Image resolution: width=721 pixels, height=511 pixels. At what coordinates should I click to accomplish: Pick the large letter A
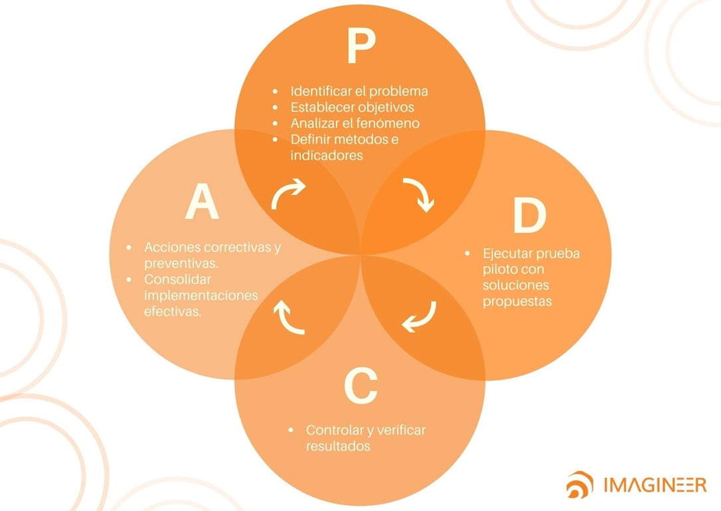(202, 202)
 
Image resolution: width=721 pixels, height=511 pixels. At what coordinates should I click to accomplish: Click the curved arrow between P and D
(419, 194)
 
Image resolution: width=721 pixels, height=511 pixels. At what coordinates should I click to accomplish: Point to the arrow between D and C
(419, 317)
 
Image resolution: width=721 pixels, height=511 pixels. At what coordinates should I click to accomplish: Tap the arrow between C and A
(289, 317)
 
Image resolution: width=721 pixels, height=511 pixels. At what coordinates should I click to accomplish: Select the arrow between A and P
(288, 193)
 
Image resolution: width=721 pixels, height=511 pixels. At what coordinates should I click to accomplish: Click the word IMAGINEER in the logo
(655, 484)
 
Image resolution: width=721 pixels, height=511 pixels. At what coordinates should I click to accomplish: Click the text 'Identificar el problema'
(359, 91)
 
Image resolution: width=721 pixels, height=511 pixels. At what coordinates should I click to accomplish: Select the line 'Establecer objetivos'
(352, 107)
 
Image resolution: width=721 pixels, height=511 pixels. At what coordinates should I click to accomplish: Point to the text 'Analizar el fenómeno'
(355, 123)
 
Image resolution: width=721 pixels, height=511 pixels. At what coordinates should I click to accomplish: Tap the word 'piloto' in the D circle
(500, 269)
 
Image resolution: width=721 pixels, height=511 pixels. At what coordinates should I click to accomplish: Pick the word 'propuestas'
(518, 301)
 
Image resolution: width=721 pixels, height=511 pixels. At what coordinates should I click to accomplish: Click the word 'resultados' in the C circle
(338, 446)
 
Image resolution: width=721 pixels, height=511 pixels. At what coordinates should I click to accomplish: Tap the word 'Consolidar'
(174, 279)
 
